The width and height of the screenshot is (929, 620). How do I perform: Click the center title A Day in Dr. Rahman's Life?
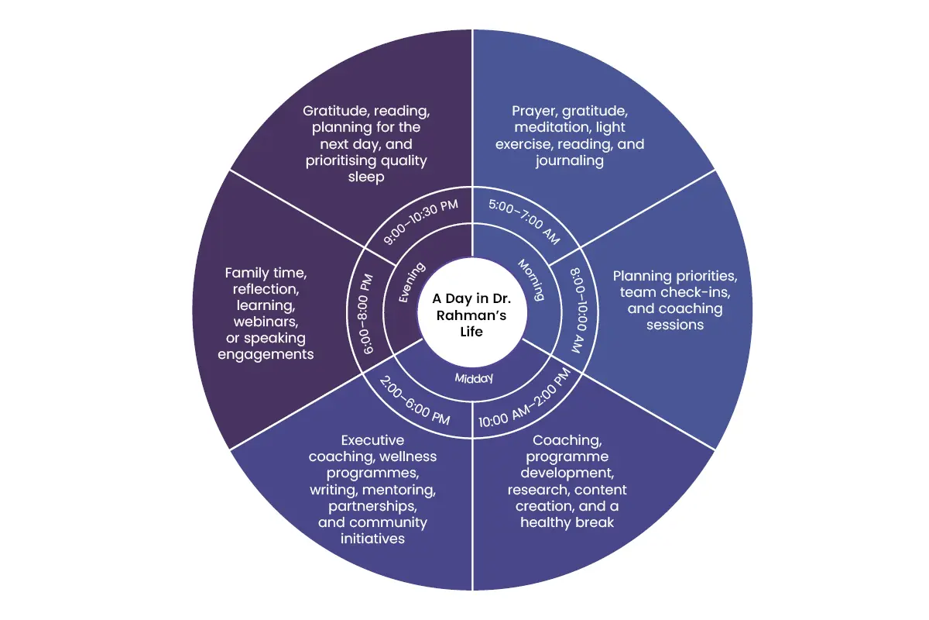click(x=471, y=315)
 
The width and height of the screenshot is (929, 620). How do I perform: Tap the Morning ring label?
click(x=531, y=280)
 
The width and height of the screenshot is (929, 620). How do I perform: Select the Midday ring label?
click(x=474, y=378)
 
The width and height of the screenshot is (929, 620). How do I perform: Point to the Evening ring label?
click(x=411, y=282)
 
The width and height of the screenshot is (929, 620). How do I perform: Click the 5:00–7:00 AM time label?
click(x=525, y=222)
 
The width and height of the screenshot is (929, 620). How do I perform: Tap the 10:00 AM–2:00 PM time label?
click(x=525, y=398)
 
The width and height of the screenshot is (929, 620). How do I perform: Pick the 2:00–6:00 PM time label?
click(x=415, y=401)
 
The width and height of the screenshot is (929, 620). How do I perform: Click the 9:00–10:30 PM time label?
click(x=420, y=222)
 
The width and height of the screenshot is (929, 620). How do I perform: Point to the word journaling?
click(x=570, y=161)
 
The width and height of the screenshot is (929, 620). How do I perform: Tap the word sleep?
click(x=366, y=177)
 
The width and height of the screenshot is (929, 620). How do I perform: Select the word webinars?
click(x=266, y=322)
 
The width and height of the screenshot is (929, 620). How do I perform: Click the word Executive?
click(x=372, y=440)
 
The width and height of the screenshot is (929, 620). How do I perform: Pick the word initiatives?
click(x=372, y=539)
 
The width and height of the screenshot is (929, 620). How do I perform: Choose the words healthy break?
click(x=567, y=522)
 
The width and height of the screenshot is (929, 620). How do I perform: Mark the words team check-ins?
click(x=675, y=292)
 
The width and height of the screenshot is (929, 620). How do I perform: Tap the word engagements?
click(x=266, y=355)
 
